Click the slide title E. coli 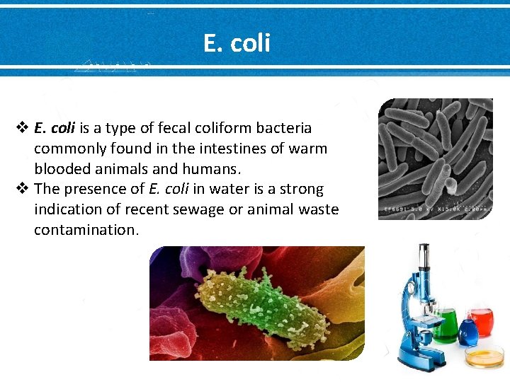[x=237, y=43]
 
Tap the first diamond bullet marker [x=21, y=128]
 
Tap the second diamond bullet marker [x=21, y=189]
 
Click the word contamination [x=86, y=230]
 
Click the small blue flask [x=468, y=332]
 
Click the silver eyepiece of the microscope [x=424, y=257]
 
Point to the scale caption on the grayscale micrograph [x=433, y=210]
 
